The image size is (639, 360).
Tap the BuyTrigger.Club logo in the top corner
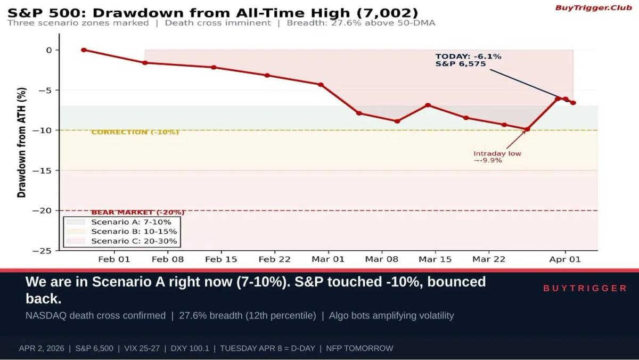point(593,7)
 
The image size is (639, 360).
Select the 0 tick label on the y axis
point(48,50)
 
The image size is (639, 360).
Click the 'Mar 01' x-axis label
point(328,259)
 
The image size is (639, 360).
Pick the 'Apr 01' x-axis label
point(565,259)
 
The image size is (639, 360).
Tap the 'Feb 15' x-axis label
point(221,259)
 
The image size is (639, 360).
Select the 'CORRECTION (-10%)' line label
point(135,132)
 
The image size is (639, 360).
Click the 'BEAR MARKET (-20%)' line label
point(138,212)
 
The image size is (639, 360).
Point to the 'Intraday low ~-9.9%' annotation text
point(497,157)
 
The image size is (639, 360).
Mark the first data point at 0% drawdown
point(84,50)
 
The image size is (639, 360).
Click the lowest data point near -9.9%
point(527,129)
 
